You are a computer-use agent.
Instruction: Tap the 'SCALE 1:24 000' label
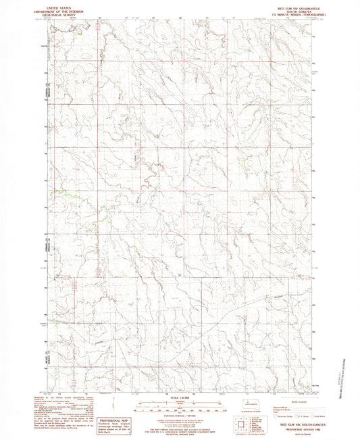[x=180, y=397]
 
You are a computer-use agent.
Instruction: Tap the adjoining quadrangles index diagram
[x=242, y=424]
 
